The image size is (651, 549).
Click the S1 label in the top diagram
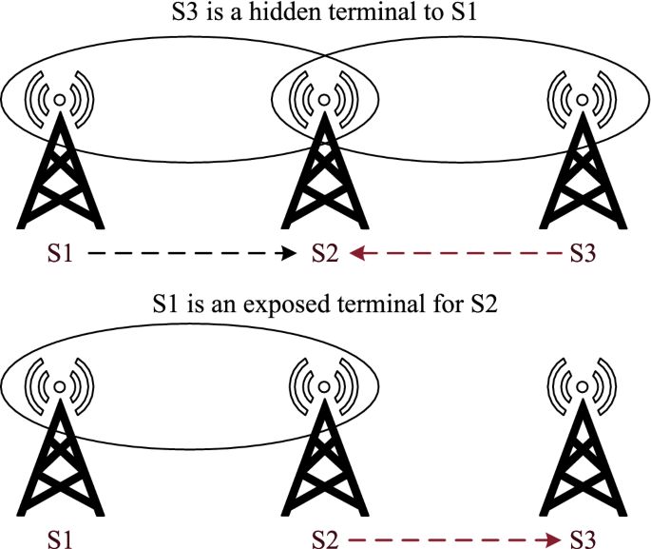tap(59, 254)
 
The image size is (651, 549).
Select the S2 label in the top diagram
tap(324, 254)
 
